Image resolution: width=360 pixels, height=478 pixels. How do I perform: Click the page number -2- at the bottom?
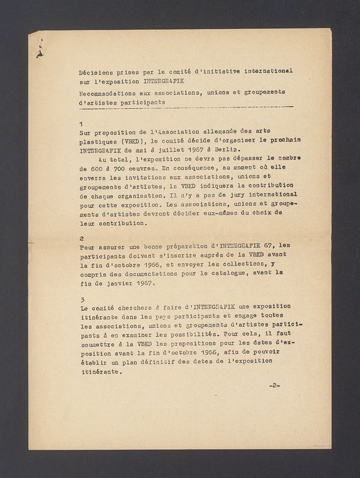pos(275,385)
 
